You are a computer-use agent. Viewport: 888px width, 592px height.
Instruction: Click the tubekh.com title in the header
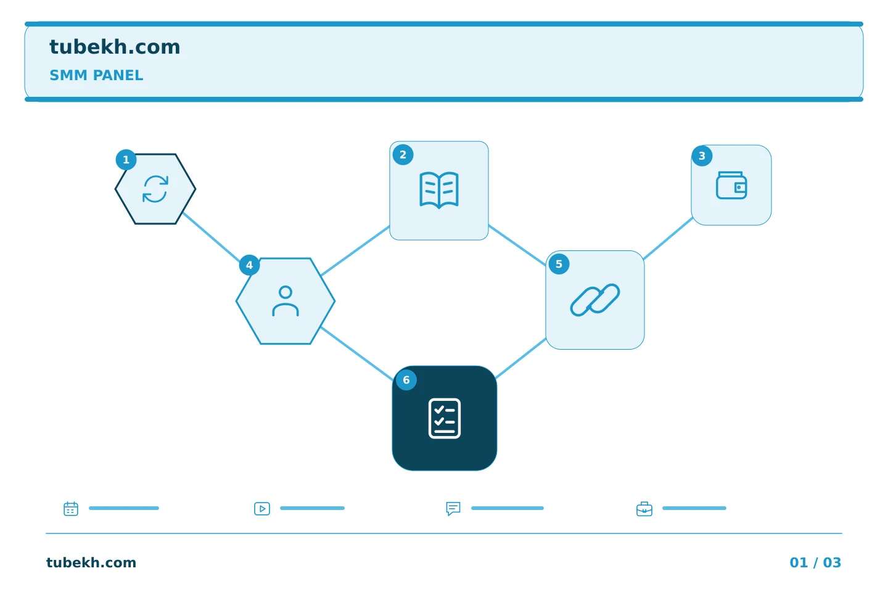pos(115,47)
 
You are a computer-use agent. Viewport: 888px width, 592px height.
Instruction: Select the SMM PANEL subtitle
pos(96,75)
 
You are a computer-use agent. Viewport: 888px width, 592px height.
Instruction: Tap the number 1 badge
pos(126,160)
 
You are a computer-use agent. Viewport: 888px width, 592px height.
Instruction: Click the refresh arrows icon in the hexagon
pos(155,189)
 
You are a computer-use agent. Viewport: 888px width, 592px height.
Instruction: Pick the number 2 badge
pos(403,155)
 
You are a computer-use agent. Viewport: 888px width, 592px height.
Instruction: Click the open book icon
pos(439,190)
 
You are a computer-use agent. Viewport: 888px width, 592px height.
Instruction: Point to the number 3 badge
pos(702,156)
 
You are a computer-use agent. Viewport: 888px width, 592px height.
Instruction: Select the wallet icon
pos(731,185)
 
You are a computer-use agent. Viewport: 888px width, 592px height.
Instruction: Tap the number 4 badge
pos(249,265)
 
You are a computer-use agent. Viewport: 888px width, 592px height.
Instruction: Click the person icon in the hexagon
pos(286,301)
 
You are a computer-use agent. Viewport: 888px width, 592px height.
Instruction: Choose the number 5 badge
pos(559,264)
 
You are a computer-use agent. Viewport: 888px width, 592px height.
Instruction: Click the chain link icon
pos(594,300)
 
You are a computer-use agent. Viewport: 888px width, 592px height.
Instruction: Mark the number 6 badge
pos(406,380)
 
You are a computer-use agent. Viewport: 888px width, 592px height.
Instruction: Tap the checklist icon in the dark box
pos(445,418)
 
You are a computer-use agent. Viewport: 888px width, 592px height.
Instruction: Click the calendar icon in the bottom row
pos(71,508)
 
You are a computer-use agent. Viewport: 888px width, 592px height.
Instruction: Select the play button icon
pos(262,508)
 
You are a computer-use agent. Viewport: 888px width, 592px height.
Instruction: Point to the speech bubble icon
pos(453,508)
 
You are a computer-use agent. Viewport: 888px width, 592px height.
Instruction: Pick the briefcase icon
pos(644,509)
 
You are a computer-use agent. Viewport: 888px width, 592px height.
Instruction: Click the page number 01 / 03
pos(815,562)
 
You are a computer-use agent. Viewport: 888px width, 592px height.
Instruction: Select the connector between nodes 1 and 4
pos(212,237)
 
